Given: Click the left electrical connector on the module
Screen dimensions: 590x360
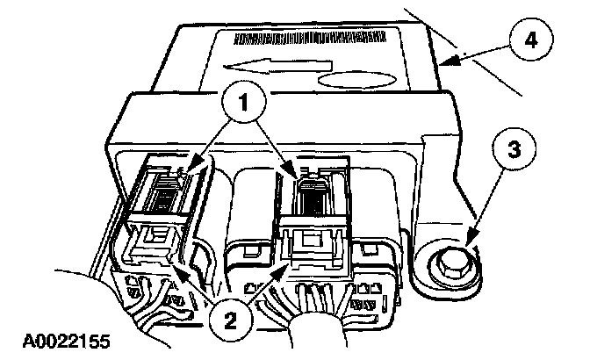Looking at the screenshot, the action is pos(158,220).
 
